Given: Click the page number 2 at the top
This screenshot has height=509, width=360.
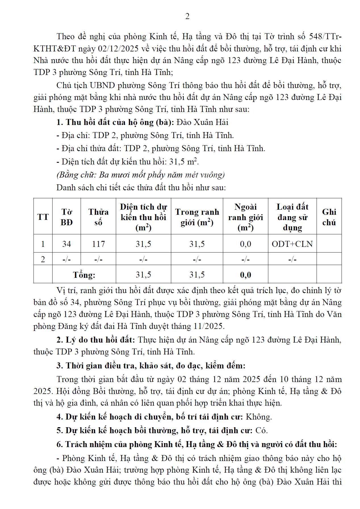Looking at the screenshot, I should click(187, 16).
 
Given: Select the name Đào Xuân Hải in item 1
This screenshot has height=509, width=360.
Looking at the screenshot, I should click(202, 122).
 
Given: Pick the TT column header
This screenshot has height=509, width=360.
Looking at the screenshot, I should click(43, 217).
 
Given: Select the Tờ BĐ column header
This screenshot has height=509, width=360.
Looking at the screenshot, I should click(66, 217).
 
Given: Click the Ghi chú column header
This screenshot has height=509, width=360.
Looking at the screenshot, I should click(329, 217).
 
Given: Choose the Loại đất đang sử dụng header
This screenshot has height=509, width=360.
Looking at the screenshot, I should click(292, 217).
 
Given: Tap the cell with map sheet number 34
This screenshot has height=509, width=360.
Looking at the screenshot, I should click(66, 244).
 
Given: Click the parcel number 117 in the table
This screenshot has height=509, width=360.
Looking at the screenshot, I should click(98, 244).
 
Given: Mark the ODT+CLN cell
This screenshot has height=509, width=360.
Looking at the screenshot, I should click(292, 244).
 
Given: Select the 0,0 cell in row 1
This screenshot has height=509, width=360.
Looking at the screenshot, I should click(245, 244).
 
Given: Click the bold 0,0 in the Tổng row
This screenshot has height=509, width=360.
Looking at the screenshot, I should click(245, 275).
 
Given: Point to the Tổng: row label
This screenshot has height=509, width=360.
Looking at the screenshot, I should click(84, 275).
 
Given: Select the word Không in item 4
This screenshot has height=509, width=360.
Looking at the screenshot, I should click(258, 417).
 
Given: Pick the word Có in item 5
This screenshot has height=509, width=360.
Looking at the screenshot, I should click(261, 430).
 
